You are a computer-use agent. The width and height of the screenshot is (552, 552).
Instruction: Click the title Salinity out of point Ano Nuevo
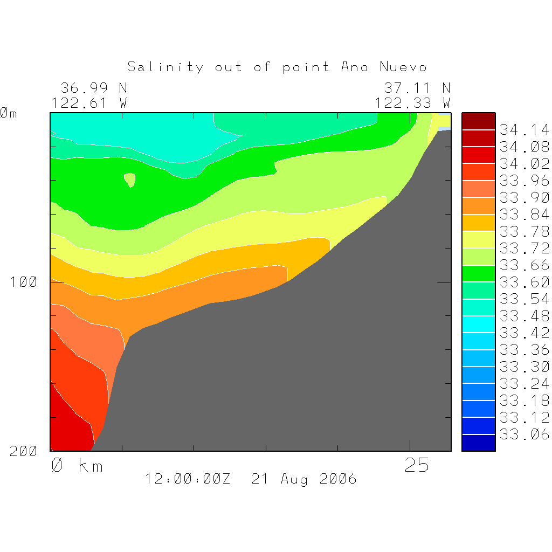click(x=277, y=67)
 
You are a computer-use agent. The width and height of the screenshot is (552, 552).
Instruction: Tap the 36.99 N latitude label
click(x=93, y=88)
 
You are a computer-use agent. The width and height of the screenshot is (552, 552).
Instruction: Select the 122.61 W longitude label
click(x=89, y=102)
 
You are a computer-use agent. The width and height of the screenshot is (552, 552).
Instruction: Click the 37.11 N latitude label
click(x=417, y=88)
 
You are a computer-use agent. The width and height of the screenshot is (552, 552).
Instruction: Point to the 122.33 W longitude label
click(x=412, y=102)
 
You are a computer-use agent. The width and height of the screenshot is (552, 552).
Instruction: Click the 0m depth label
click(x=9, y=113)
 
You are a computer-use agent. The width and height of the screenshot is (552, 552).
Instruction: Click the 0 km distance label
click(x=77, y=465)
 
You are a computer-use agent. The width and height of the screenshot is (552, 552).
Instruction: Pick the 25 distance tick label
click(x=417, y=465)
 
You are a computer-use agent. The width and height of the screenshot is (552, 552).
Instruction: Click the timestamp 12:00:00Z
click(x=188, y=479)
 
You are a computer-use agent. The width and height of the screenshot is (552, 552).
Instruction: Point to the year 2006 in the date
click(x=338, y=479)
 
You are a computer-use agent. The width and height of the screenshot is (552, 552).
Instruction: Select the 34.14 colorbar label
click(x=524, y=130)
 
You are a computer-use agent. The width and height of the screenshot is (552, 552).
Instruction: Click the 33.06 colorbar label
click(x=524, y=434)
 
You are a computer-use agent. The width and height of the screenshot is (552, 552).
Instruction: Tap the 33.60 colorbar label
click(x=524, y=282)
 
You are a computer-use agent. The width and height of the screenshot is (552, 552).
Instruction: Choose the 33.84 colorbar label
click(x=524, y=215)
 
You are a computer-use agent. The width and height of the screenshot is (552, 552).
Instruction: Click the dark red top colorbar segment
click(x=478, y=121)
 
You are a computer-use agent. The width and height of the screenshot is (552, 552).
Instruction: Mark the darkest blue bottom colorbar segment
click(x=478, y=443)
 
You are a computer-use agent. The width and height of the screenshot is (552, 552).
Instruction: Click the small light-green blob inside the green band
click(x=130, y=179)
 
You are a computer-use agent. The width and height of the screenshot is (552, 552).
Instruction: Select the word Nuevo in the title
click(x=403, y=67)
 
